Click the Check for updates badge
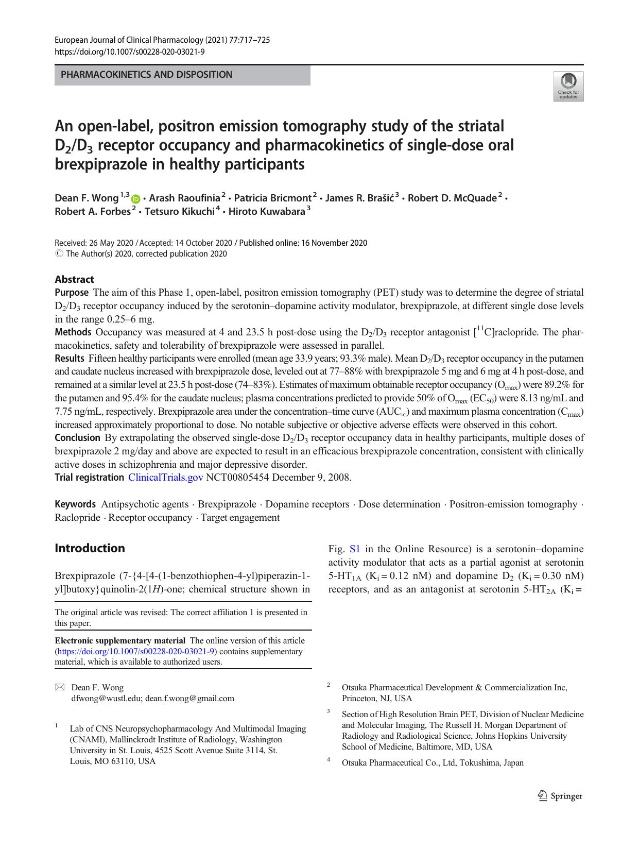568,86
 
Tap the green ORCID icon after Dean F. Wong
136,199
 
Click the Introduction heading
90,548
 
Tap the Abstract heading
74,279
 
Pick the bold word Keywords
75,504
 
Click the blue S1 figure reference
355,549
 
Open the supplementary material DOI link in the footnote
136,651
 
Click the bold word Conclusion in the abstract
77,437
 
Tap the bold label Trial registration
89,477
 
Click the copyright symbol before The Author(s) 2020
58,253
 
